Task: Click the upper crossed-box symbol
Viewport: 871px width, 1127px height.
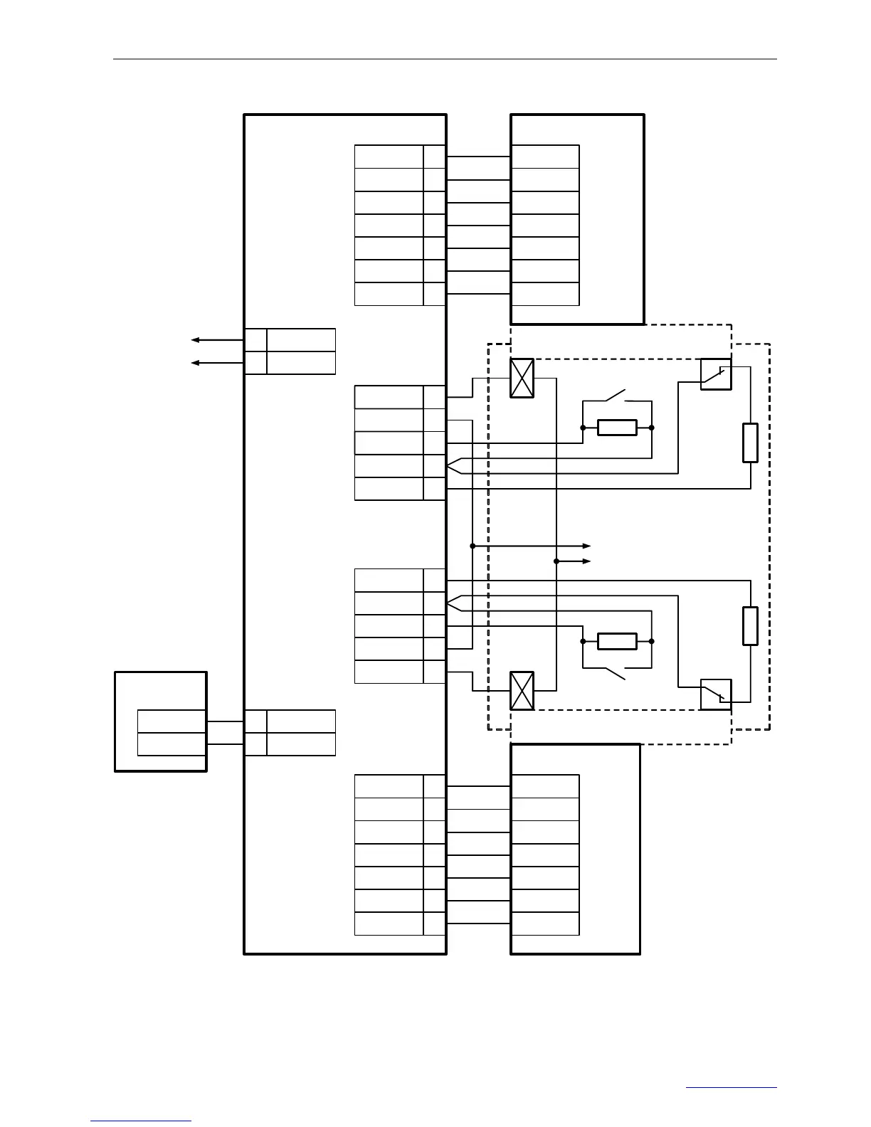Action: pyautogui.click(x=522, y=378)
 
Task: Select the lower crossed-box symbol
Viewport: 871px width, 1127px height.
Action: pyautogui.click(x=522, y=690)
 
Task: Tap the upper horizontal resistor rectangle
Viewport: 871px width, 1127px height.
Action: pyautogui.click(x=617, y=428)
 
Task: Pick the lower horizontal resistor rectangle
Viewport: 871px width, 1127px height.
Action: pyautogui.click(x=617, y=641)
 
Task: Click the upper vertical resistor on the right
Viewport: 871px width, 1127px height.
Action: pyautogui.click(x=750, y=443)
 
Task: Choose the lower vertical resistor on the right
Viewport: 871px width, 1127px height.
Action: pyautogui.click(x=750, y=626)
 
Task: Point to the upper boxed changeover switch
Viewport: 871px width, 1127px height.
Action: pyautogui.click(x=716, y=374)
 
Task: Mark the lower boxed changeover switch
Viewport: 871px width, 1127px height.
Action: pyautogui.click(x=716, y=694)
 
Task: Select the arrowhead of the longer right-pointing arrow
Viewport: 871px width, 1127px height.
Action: pyautogui.click(x=587, y=546)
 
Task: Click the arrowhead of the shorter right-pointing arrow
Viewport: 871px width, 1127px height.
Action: pyautogui.click(x=587, y=561)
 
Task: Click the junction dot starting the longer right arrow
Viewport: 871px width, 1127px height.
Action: pyautogui.click(x=473, y=546)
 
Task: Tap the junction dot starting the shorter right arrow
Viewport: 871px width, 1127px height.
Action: pyautogui.click(x=556, y=561)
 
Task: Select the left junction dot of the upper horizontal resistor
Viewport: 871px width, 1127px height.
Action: pyautogui.click(x=583, y=428)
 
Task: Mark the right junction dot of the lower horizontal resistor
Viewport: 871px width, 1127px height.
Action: pyautogui.click(x=652, y=641)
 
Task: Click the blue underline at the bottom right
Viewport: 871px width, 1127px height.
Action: pyautogui.click(x=732, y=1087)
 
